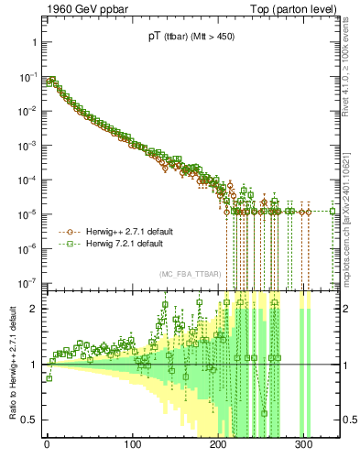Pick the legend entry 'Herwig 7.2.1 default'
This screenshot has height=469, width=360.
124,245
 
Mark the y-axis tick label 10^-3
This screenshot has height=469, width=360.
27,146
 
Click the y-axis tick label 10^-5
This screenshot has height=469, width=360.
27,214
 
